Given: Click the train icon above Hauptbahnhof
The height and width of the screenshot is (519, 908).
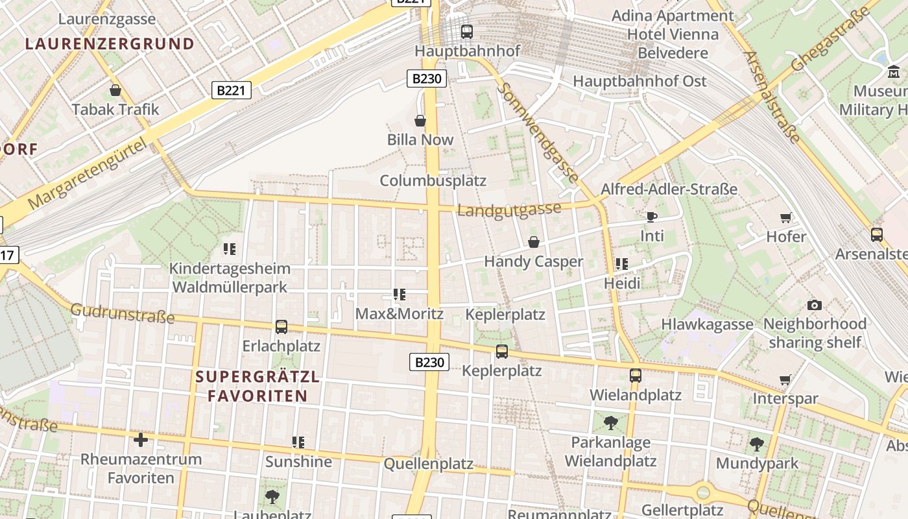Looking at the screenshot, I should point(466,31).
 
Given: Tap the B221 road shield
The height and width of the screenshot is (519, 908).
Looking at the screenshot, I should point(232,90).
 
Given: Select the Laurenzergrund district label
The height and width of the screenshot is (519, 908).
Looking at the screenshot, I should point(110,44).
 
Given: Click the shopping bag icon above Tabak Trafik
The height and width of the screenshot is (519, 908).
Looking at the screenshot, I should point(115,90).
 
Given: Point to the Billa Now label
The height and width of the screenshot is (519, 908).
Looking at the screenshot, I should point(420,139).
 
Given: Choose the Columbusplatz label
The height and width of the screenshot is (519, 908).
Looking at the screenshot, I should point(433,180).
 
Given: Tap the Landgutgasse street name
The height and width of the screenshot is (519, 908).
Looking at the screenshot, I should point(509,210).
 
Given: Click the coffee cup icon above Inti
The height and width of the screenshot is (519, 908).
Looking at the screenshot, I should point(652,217).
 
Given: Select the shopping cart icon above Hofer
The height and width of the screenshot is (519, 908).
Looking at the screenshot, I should point(786,217).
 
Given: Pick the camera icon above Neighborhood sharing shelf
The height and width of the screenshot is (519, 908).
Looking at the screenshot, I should point(815,305).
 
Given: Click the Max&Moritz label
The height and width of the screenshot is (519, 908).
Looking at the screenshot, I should point(400,314).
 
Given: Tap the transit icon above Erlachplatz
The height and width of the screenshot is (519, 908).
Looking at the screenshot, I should point(281,327).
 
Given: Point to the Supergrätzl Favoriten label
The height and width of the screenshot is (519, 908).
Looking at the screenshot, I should point(257,386).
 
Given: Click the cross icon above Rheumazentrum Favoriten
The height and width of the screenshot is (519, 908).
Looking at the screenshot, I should point(141,440).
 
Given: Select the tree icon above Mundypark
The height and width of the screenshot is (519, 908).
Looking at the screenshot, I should point(757,444).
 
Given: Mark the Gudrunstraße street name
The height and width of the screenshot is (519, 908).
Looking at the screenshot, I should point(123,313).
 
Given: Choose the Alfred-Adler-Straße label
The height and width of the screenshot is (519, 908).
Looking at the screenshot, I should point(669,189).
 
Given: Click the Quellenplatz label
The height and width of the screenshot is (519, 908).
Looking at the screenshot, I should point(429,464).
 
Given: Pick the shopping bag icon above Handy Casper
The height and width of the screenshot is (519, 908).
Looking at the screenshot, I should point(534,242).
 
